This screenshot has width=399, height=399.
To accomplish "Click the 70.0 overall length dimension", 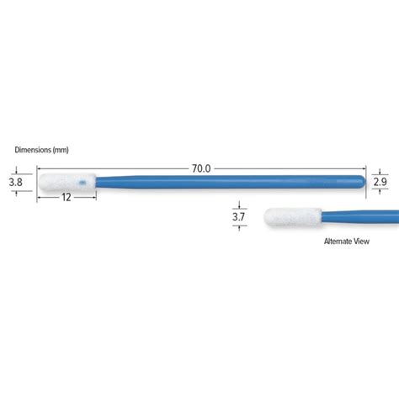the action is [x=201, y=168].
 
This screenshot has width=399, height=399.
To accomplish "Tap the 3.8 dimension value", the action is [x=15, y=182].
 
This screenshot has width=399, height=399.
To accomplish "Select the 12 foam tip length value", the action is [x=66, y=197].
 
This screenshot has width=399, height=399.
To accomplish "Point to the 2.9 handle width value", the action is [x=380, y=182].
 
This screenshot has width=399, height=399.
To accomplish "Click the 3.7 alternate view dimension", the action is [x=238, y=217].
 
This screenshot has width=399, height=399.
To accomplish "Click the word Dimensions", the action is [x=33, y=150].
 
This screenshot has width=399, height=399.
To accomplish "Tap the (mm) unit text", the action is [x=61, y=150].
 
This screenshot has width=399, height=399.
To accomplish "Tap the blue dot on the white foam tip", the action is [x=82, y=183].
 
